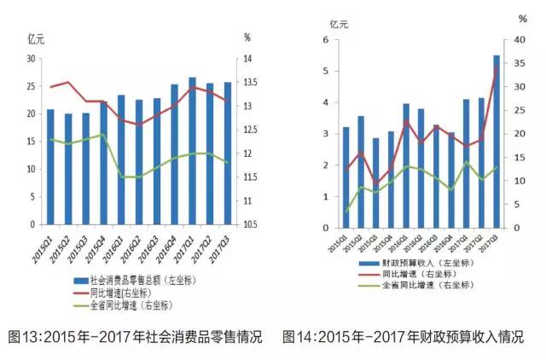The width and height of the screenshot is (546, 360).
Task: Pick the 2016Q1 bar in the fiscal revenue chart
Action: (405, 166)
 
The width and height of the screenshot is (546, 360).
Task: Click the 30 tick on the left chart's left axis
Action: (32, 59)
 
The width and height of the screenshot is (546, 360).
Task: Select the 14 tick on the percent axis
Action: (247, 59)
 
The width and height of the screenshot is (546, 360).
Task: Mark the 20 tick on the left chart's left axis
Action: (32, 114)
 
